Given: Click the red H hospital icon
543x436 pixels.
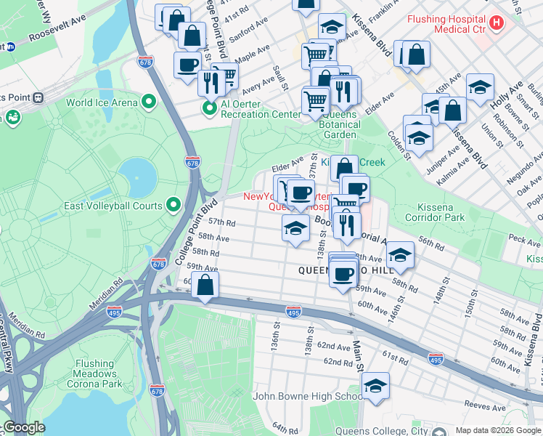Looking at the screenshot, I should (x=497, y=23).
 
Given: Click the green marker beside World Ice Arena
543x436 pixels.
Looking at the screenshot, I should (x=149, y=101).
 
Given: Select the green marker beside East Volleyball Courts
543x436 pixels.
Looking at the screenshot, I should (x=173, y=205).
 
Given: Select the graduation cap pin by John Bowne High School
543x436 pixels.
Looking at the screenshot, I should (x=375, y=387).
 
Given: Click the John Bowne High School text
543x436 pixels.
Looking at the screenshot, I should (x=308, y=396).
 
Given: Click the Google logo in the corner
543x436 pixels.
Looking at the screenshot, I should (x=24, y=427).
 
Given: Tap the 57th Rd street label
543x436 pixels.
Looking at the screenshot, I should (x=222, y=222).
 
